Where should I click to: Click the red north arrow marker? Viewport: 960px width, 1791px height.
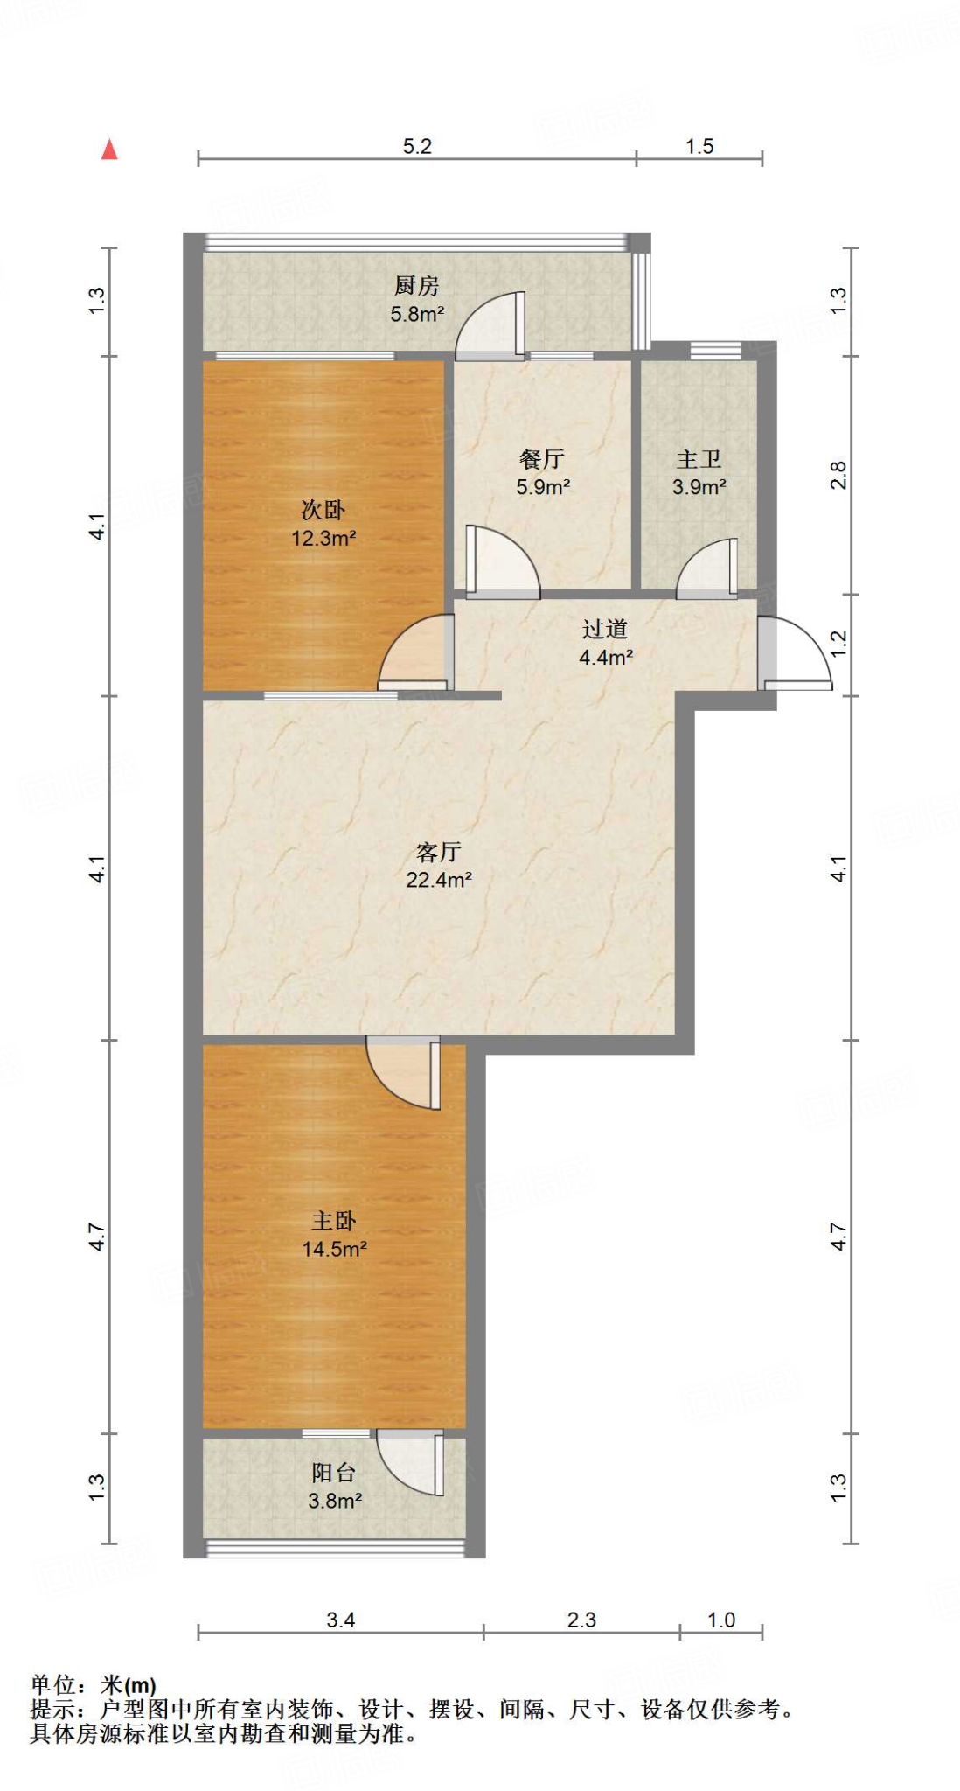coord(109,150)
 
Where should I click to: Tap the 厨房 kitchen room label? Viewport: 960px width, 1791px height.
coord(416,285)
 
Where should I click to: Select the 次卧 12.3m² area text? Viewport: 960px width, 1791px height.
coord(323,538)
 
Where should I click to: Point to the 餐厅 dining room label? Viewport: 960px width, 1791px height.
coord(542,459)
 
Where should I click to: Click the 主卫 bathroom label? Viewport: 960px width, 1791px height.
coord(699,459)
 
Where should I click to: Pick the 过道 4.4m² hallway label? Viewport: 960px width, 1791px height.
coord(605,643)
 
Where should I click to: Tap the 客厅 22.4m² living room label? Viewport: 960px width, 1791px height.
coord(439,865)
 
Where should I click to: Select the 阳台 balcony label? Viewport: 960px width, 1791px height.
coord(333,1474)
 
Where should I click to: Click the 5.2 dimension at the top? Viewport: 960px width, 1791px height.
coord(417,146)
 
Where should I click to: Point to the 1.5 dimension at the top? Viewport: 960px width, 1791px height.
coord(699,146)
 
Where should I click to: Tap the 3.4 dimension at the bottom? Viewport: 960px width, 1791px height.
coord(340,1620)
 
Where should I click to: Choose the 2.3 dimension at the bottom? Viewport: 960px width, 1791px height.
coord(581,1620)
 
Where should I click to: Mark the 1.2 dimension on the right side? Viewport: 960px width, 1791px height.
coord(838,645)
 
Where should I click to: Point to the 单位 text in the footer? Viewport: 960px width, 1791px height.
coord(52,1684)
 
